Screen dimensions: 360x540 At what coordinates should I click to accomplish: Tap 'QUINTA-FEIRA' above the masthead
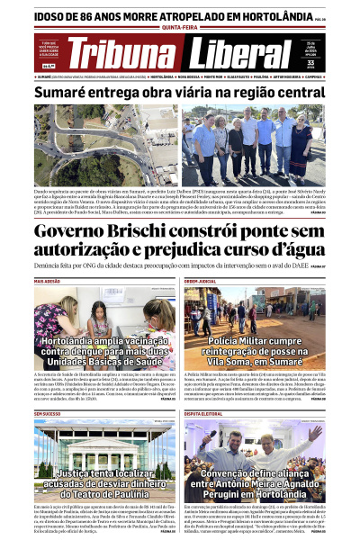pos(179,27)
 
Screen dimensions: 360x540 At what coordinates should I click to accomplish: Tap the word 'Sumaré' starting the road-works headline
pos(59,93)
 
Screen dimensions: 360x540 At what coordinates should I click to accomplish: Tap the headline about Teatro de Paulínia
pos(105,484)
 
